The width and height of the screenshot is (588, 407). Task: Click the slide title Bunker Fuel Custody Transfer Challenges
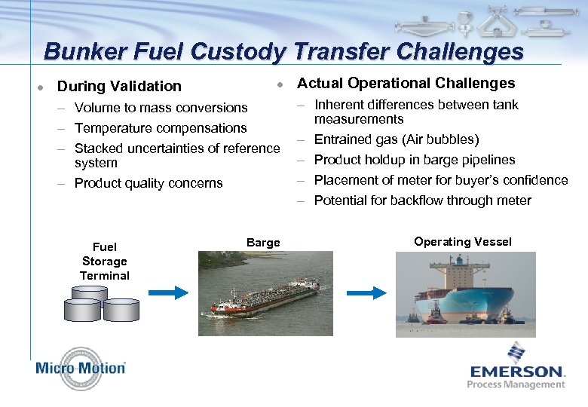(x=283, y=51)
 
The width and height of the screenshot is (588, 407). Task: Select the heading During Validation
(x=119, y=87)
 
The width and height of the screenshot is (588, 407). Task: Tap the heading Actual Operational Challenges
(x=406, y=84)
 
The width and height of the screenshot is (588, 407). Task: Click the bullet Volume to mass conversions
(x=161, y=108)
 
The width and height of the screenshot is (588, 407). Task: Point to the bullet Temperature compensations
(x=161, y=128)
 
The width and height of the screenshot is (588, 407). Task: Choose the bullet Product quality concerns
(x=149, y=183)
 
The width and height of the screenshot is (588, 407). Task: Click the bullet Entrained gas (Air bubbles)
(x=396, y=139)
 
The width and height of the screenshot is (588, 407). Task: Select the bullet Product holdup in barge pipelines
(x=414, y=160)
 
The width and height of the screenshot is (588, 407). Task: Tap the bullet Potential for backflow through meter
(x=422, y=200)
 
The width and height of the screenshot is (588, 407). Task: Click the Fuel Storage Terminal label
(x=105, y=261)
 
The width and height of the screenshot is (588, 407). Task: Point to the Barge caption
(x=263, y=242)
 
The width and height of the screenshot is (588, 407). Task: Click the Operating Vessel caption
(x=462, y=242)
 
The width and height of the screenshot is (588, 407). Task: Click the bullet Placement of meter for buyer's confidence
(x=440, y=180)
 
